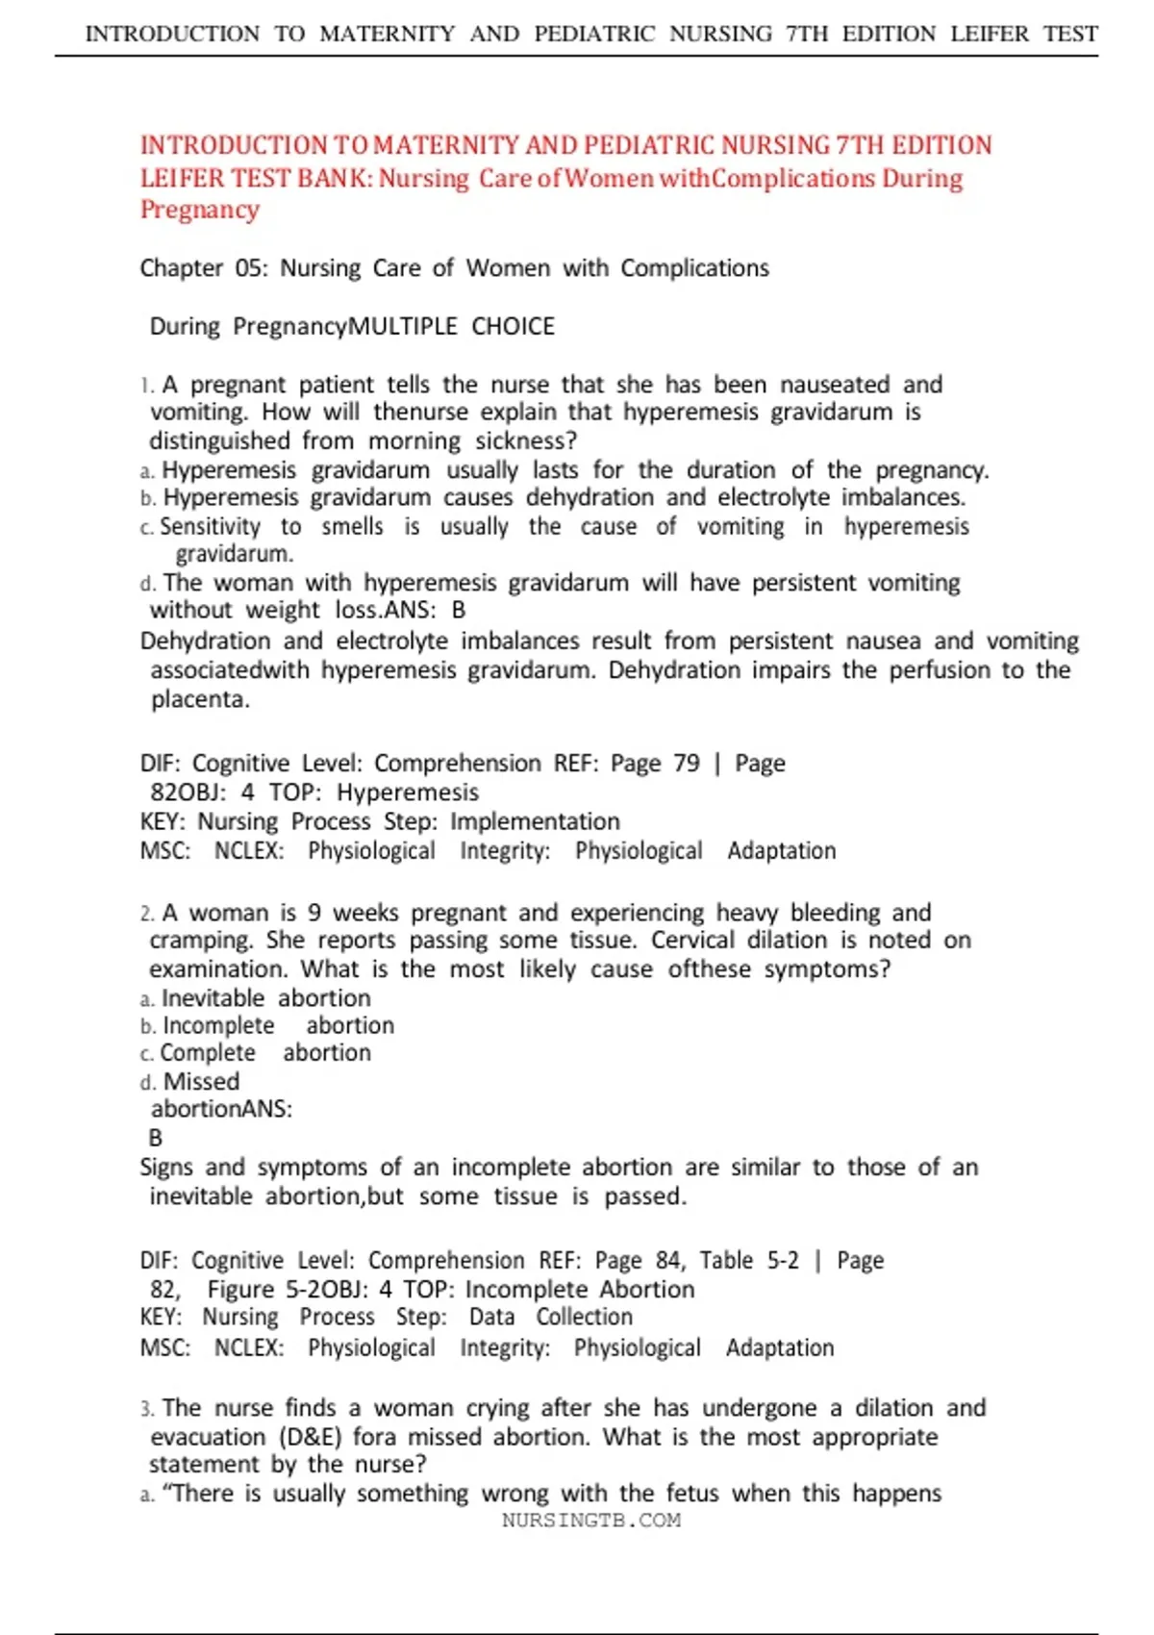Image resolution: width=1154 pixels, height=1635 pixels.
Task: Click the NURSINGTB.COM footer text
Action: click(x=590, y=1521)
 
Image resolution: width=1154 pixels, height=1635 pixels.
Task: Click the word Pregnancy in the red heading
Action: click(x=200, y=210)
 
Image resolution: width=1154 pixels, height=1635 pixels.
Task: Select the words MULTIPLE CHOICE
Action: click(x=451, y=326)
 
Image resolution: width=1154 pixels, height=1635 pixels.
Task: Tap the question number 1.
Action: click(x=146, y=386)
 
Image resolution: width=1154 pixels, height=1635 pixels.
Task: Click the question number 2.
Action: click(x=146, y=913)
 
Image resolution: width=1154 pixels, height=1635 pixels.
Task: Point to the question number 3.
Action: click(x=146, y=1409)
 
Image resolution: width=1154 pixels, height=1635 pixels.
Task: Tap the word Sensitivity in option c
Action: click(x=210, y=526)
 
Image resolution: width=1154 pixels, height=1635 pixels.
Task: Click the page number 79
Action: click(x=687, y=763)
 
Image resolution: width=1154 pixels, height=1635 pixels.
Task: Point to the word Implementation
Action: click(x=535, y=821)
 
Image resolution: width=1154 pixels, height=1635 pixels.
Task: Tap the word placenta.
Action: click(x=200, y=699)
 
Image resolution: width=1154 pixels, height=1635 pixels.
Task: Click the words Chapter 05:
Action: click(x=204, y=267)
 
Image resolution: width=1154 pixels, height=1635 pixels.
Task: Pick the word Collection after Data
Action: click(x=584, y=1317)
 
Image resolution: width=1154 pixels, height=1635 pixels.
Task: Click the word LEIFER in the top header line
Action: click(x=991, y=34)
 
